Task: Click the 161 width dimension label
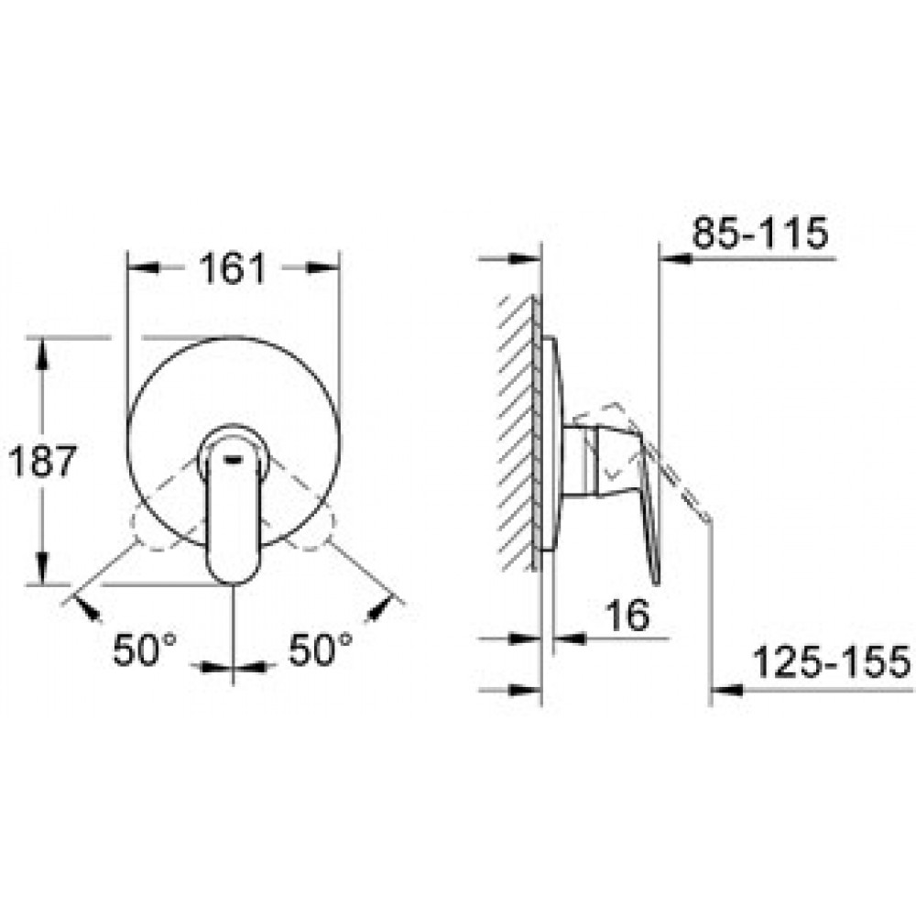pos(233,268)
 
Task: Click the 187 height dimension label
pos(43,461)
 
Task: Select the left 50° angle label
pos(144,649)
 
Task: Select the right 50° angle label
pos(321,649)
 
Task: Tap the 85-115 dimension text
pos(760,233)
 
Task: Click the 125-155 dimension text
pos(832,662)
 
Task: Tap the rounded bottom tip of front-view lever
pos(234,578)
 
